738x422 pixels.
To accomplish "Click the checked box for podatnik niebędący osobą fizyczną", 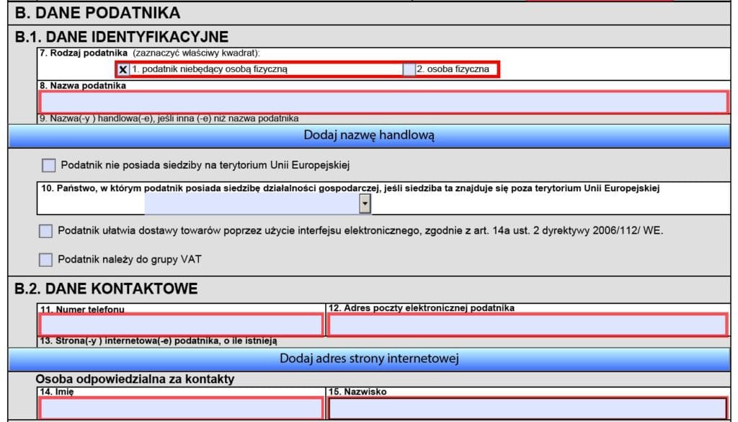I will pos(123,69).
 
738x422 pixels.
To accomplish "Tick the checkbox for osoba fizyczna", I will pos(409,69).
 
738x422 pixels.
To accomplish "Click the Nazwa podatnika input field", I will pos(383,102).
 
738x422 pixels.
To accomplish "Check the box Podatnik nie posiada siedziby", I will pos(48,165).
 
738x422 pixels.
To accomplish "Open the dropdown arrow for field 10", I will pos(365,205).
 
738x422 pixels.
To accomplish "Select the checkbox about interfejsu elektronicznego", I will pos(46,231).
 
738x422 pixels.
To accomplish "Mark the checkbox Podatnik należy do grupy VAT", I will pos(46,259).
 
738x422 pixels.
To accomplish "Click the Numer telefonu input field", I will pos(180,325).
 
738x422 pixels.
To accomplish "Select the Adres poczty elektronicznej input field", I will pos(528,325).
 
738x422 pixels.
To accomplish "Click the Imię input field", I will pos(180,408).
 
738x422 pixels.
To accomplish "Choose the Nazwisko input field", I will pos(528,408).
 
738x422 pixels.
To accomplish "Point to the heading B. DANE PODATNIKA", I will pos(98,12).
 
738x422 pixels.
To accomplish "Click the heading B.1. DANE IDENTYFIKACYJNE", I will pos(122,37).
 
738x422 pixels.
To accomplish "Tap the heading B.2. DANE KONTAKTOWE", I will pos(106,289).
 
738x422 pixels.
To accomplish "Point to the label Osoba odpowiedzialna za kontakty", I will pos(135,379).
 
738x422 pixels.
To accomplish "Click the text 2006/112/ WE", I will pos(632,231).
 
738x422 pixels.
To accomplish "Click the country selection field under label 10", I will pos(252,205).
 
